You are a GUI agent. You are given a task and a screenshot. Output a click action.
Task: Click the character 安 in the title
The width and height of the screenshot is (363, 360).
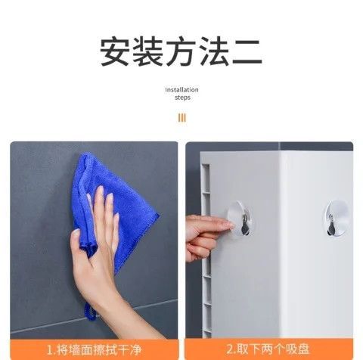click(x=115, y=51)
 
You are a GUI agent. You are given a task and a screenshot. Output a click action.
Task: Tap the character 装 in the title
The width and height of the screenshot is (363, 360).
click(x=148, y=51)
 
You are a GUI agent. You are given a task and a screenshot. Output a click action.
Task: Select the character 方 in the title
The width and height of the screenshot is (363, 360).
click(x=181, y=51)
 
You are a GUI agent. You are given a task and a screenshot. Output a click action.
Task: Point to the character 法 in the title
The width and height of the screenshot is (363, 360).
click(x=213, y=51)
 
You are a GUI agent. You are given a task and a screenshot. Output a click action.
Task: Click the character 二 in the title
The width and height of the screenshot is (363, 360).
click(x=247, y=52)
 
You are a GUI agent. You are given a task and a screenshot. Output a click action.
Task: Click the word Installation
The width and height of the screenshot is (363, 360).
click(x=181, y=90)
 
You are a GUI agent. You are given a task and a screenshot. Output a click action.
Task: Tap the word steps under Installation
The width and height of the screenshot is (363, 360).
click(x=182, y=98)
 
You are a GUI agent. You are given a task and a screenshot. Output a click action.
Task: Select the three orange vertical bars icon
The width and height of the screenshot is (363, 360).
click(x=181, y=118)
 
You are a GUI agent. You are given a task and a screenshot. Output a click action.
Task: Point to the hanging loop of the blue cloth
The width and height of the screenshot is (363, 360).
click(x=90, y=312)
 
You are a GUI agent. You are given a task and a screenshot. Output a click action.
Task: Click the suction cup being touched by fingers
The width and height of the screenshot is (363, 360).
click(x=240, y=219)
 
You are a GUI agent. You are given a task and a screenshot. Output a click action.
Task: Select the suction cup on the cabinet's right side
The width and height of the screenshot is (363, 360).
click(x=337, y=219)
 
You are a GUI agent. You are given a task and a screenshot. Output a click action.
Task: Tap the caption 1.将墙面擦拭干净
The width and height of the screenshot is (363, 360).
click(x=95, y=350)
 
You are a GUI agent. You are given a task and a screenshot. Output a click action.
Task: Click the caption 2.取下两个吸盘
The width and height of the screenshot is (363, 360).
click(x=268, y=349)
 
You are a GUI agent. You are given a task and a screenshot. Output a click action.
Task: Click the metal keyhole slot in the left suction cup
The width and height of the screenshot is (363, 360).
click(x=245, y=225)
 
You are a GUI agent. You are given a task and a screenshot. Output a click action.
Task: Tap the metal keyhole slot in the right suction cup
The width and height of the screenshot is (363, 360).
click(x=330, y=225)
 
